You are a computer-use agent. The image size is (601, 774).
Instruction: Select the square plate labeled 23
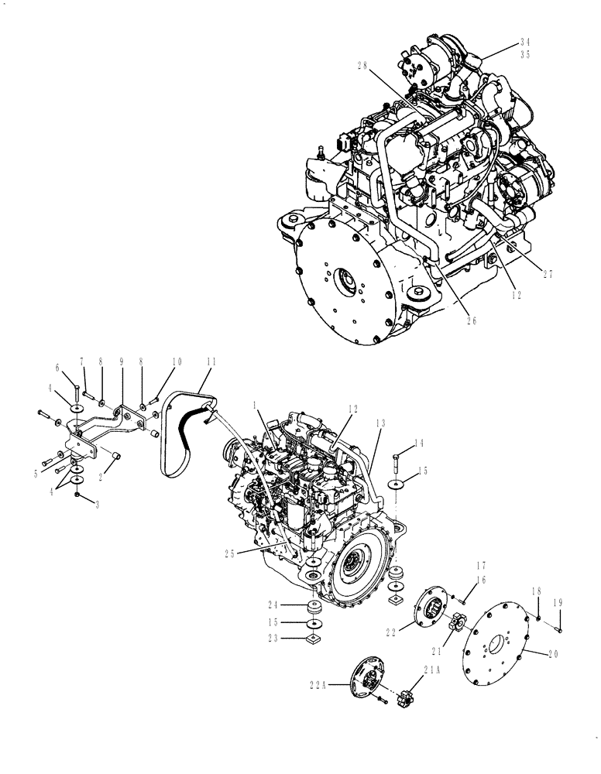click(x=314, y=639)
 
